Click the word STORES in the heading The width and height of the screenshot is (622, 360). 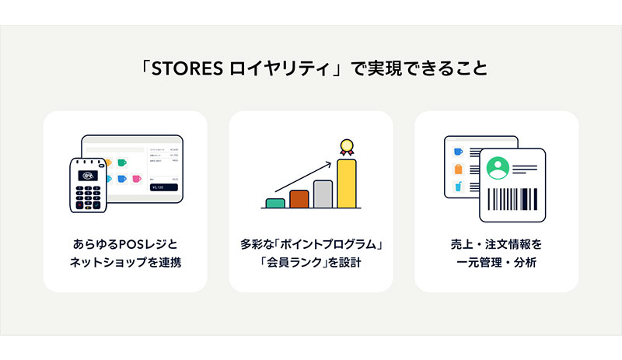187,68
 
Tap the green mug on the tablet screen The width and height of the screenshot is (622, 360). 122,163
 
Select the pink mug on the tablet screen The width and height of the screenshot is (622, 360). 137,179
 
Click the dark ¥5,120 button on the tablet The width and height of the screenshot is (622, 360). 163,187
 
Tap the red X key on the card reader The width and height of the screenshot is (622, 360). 79,204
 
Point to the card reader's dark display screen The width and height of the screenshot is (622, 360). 88,176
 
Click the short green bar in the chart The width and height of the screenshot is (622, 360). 275,203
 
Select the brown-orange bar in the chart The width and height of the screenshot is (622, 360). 299,199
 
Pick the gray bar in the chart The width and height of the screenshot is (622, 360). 323,194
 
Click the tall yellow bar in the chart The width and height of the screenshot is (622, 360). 347,183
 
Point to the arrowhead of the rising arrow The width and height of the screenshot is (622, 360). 328,163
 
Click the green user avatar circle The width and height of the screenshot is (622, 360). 498,168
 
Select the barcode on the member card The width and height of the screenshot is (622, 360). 512,199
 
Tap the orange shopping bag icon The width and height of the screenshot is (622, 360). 458,169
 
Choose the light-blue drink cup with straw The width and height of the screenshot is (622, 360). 458,186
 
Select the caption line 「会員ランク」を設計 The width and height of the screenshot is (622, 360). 310,262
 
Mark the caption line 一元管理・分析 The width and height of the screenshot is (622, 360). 496,262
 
